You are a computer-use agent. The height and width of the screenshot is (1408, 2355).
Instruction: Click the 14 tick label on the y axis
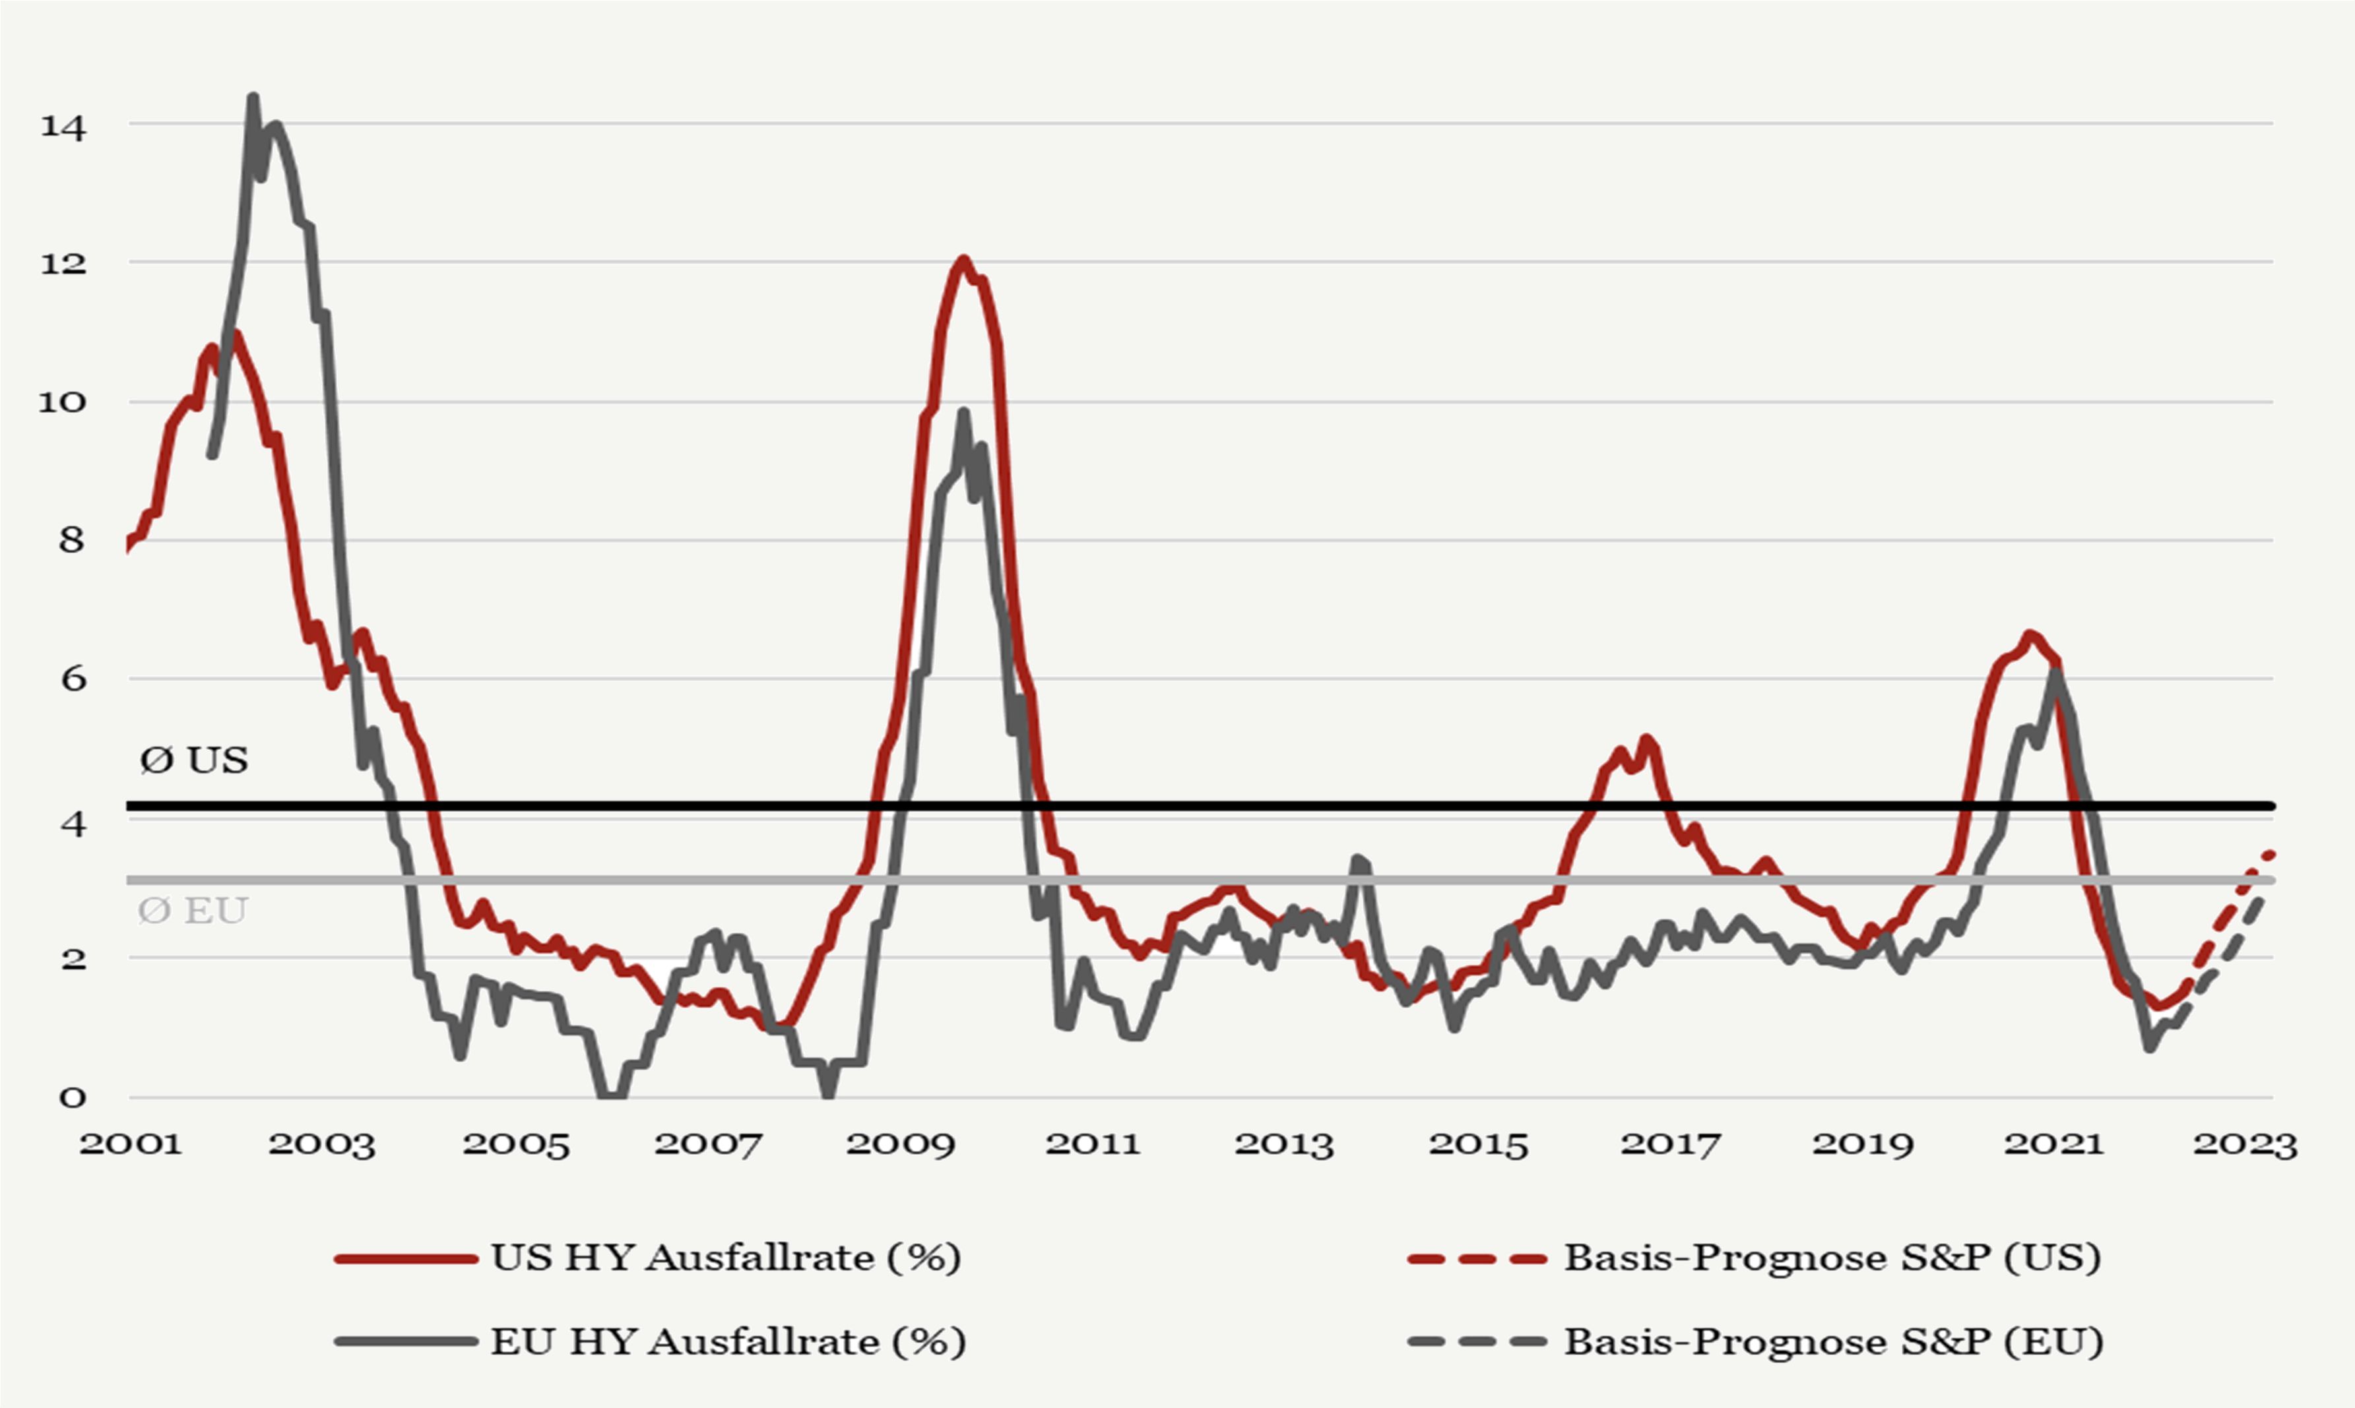(63, 126)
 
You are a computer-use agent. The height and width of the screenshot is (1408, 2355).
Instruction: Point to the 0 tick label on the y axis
(72, 1098)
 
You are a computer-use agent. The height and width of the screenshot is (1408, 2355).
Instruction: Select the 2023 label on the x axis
(2244, 1144)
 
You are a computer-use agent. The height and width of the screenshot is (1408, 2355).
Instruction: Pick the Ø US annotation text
(193, 760)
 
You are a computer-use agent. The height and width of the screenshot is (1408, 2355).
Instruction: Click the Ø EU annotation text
(193, 911)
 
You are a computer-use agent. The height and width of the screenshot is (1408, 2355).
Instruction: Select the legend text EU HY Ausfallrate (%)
(728, 1341)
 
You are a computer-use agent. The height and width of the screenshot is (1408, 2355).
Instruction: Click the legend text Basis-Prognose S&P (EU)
(1834, 1341)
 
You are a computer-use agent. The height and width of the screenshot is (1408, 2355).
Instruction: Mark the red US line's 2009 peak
(963, 259)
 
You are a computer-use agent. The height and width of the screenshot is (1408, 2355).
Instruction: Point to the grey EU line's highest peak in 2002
(253, 96)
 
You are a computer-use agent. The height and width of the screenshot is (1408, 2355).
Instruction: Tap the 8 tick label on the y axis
(72, 541)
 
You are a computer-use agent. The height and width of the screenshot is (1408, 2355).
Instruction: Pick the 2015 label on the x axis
(1478, 1144)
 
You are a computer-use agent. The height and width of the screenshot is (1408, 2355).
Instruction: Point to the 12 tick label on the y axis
(63, 264)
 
